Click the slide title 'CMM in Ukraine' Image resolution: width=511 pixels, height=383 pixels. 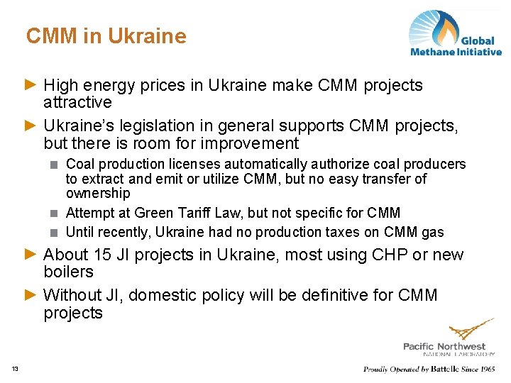point(106,36)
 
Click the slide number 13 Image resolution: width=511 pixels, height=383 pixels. point(15,367)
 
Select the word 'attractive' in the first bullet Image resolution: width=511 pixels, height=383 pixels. point(77,102)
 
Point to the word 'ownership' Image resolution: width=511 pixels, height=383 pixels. point(98,193)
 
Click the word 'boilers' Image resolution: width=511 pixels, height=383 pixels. point(68,272)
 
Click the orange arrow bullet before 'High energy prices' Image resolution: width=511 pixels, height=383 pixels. point(30,85)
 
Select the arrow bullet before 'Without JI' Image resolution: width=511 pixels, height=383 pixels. point(30,295)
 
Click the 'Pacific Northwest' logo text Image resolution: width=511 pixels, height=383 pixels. point(444,345)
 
